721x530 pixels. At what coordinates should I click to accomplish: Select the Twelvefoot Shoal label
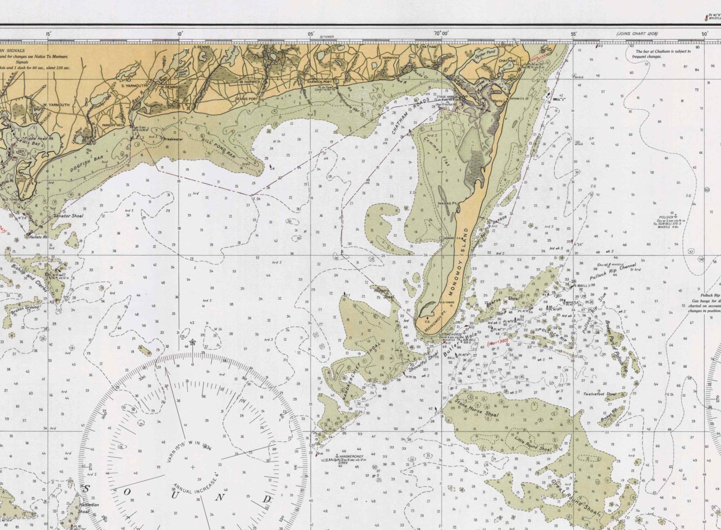pyautogui.click(x=599, y=395)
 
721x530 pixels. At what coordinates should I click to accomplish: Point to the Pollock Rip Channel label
pyautogui.click(x=613, y=271)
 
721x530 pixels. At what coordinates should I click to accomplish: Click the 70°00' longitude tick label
pyautogui.click(x=440, y=34)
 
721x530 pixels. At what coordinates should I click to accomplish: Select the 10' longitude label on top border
pyautogui.click(x=180, y=34)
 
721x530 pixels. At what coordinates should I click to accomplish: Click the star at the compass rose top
pyautogui.click(x=192, y=342)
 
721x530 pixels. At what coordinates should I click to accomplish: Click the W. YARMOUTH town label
pyautogui.click(x=56, y=105)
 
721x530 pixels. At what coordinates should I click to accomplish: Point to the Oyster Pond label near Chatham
pyautogui.click(x=485, y=55)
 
